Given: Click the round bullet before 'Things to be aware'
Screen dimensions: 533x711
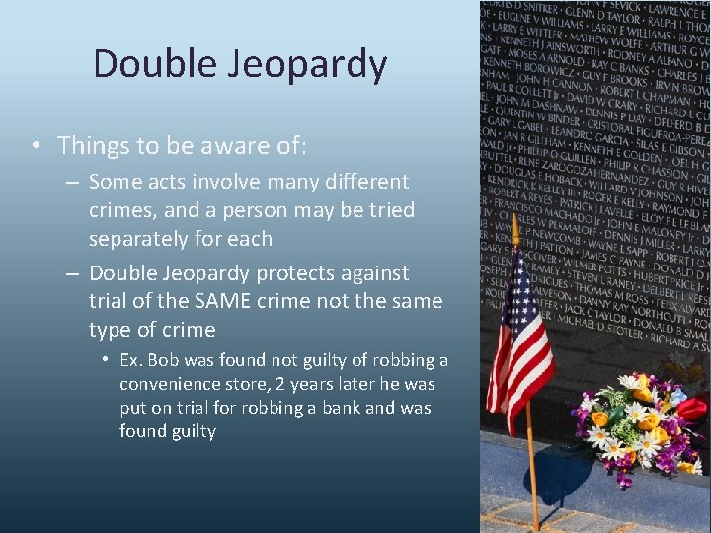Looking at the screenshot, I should click(35, 146).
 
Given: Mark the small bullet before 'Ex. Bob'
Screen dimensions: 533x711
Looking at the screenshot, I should click(104, 360).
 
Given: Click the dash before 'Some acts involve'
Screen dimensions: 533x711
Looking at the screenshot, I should click(72, 182).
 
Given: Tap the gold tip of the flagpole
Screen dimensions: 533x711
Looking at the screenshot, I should click(514, 225).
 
